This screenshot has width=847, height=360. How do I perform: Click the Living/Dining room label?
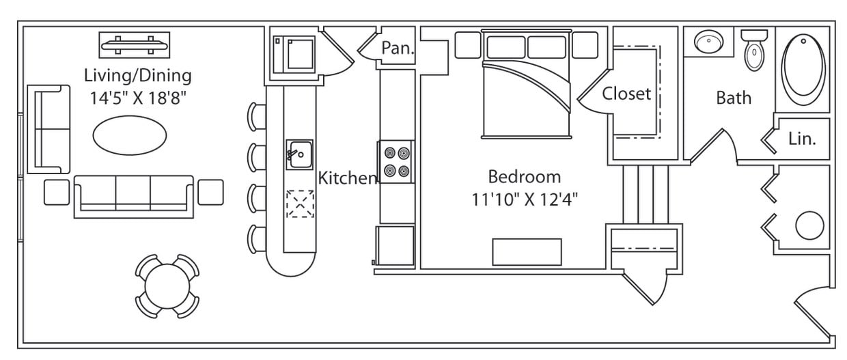pyautogui.click(x=137, y=74)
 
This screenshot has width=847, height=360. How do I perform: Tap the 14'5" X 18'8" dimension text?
pyautogui.click(x=137, y=98)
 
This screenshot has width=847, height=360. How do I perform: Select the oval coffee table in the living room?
pyautogui.click(x=129, y=135)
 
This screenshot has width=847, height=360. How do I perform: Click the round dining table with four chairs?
pyautogui.click(x=167, y=286)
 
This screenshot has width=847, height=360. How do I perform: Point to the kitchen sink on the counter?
pyautogui.click(x=298, y=154)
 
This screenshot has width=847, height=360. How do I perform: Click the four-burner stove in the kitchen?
pyautogui.click(x=396, y=162)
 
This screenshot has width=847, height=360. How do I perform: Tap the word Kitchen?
pyautogui.click(x=348, y=178)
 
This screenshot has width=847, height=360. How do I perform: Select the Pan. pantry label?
pyautogui.click(x=398, y=48)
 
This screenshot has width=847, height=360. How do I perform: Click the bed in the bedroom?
pyautogui.click(x=525, y=89)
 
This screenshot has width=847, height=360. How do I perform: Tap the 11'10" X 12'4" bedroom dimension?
pyautogui.click(x=525, y=199)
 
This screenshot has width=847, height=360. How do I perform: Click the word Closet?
pyautogui.click(x=626, y=94)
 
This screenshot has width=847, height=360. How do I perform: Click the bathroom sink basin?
pyautogui.click(x=708, y=43)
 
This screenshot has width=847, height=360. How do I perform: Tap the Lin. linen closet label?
pyautogui.click(x=802, y=139)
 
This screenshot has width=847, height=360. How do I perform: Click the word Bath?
pyautogui.click(x=734, y=98)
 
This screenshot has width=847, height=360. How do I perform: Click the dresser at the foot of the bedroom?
pyautogui.click(x=527, y=251)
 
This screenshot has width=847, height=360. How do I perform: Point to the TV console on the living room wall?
pyautogui.click(x=134, y=45)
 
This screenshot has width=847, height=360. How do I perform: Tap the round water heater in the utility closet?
pyautogui.click(x=809, y=225)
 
